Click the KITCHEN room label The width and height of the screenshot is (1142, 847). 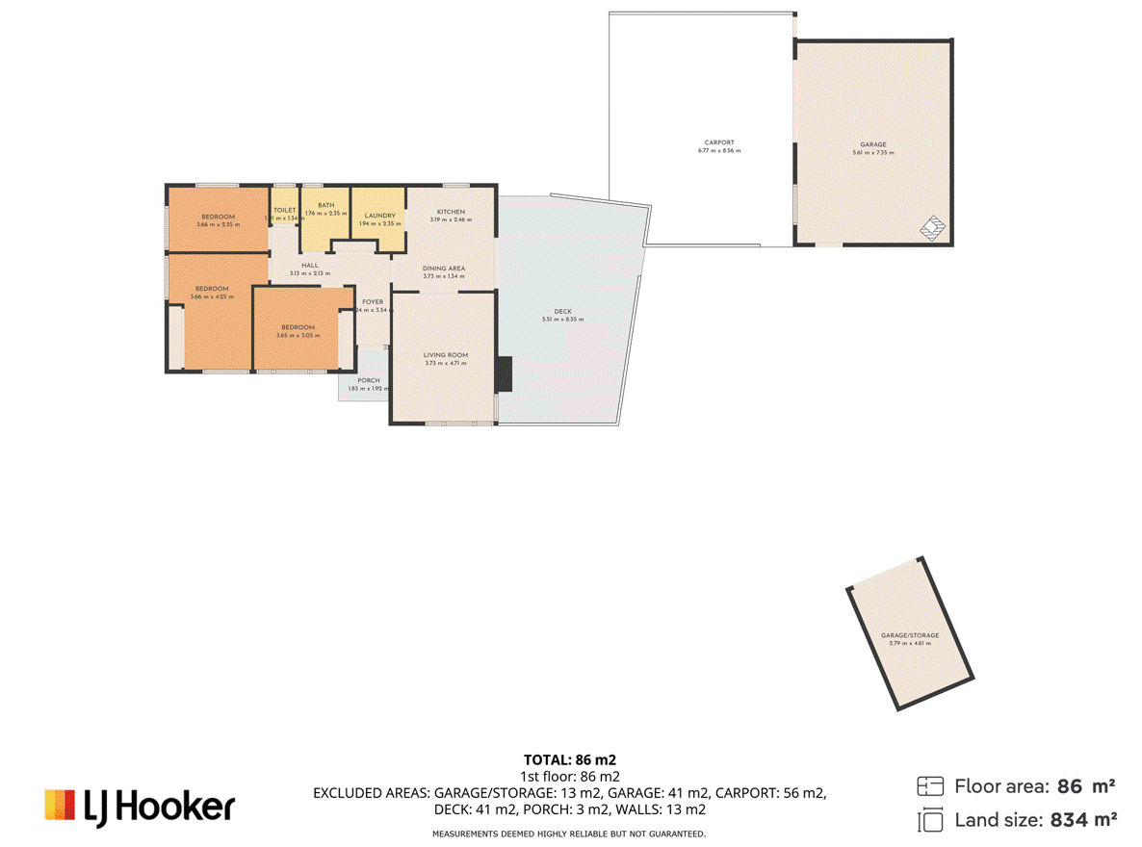(x=451, y=212)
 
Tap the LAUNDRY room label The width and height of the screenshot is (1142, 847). (x=379, y=216)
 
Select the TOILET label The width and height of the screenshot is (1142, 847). (x=284, y=210)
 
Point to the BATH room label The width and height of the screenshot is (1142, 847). (x=326, y=205)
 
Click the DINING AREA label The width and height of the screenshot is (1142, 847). (x=443, y=269)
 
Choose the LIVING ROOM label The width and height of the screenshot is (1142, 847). (x=446, y=355)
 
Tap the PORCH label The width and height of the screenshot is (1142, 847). (x=368, y=381)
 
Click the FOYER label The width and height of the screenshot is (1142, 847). (x=373, y=302)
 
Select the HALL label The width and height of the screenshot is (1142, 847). (x=309, y=265)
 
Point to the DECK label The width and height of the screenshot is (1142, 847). (x=562, y=312)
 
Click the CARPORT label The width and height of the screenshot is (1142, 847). (x=719, y=142)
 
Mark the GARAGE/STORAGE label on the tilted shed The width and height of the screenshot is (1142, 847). (x=909, y=635)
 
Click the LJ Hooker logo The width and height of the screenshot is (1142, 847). (x=140, y=806)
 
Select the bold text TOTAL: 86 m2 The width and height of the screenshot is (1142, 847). (x=570, y=759)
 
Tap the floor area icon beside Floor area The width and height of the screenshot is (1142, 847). (x=930, y=786)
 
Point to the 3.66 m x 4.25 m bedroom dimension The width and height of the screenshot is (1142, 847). (x=212, y=296)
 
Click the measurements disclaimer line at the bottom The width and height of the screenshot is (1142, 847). (x=569, y=834)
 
